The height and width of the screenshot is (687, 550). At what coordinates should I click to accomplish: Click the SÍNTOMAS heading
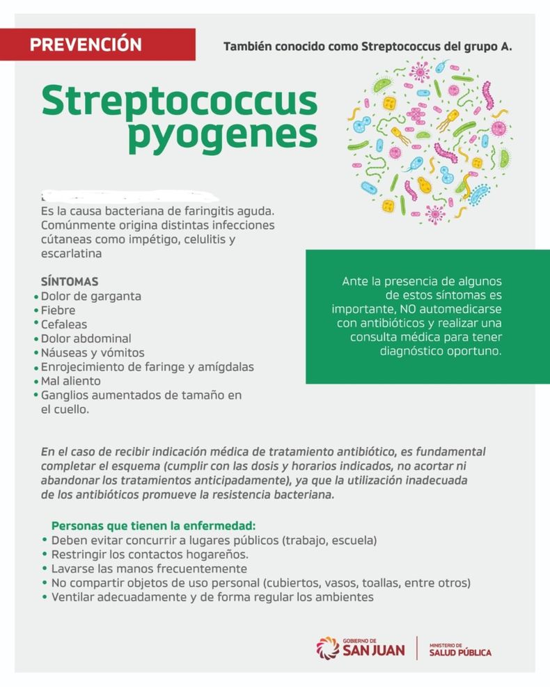click(69, 282)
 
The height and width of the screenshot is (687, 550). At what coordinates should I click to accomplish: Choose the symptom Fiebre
click(58, 310)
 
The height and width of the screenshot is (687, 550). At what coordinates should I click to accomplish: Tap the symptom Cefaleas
click(64, 324)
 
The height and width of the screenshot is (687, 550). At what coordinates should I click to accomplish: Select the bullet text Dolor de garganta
click(91, 297)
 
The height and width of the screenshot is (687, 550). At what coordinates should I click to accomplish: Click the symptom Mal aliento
click(70, 381)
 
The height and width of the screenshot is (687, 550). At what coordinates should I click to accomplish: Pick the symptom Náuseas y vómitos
click(93, 353)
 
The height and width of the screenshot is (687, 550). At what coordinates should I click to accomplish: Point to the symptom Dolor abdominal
click(86, 339)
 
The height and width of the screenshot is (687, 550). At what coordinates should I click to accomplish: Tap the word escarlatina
click(72, 254)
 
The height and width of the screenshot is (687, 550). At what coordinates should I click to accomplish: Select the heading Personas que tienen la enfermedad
click(154, 526)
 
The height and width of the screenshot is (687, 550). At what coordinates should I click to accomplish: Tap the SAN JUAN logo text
click(375, 650)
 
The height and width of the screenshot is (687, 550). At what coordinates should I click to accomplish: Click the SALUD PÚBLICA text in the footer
click(459, 652)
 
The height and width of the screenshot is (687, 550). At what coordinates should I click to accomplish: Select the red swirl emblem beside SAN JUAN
click(328, 647)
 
